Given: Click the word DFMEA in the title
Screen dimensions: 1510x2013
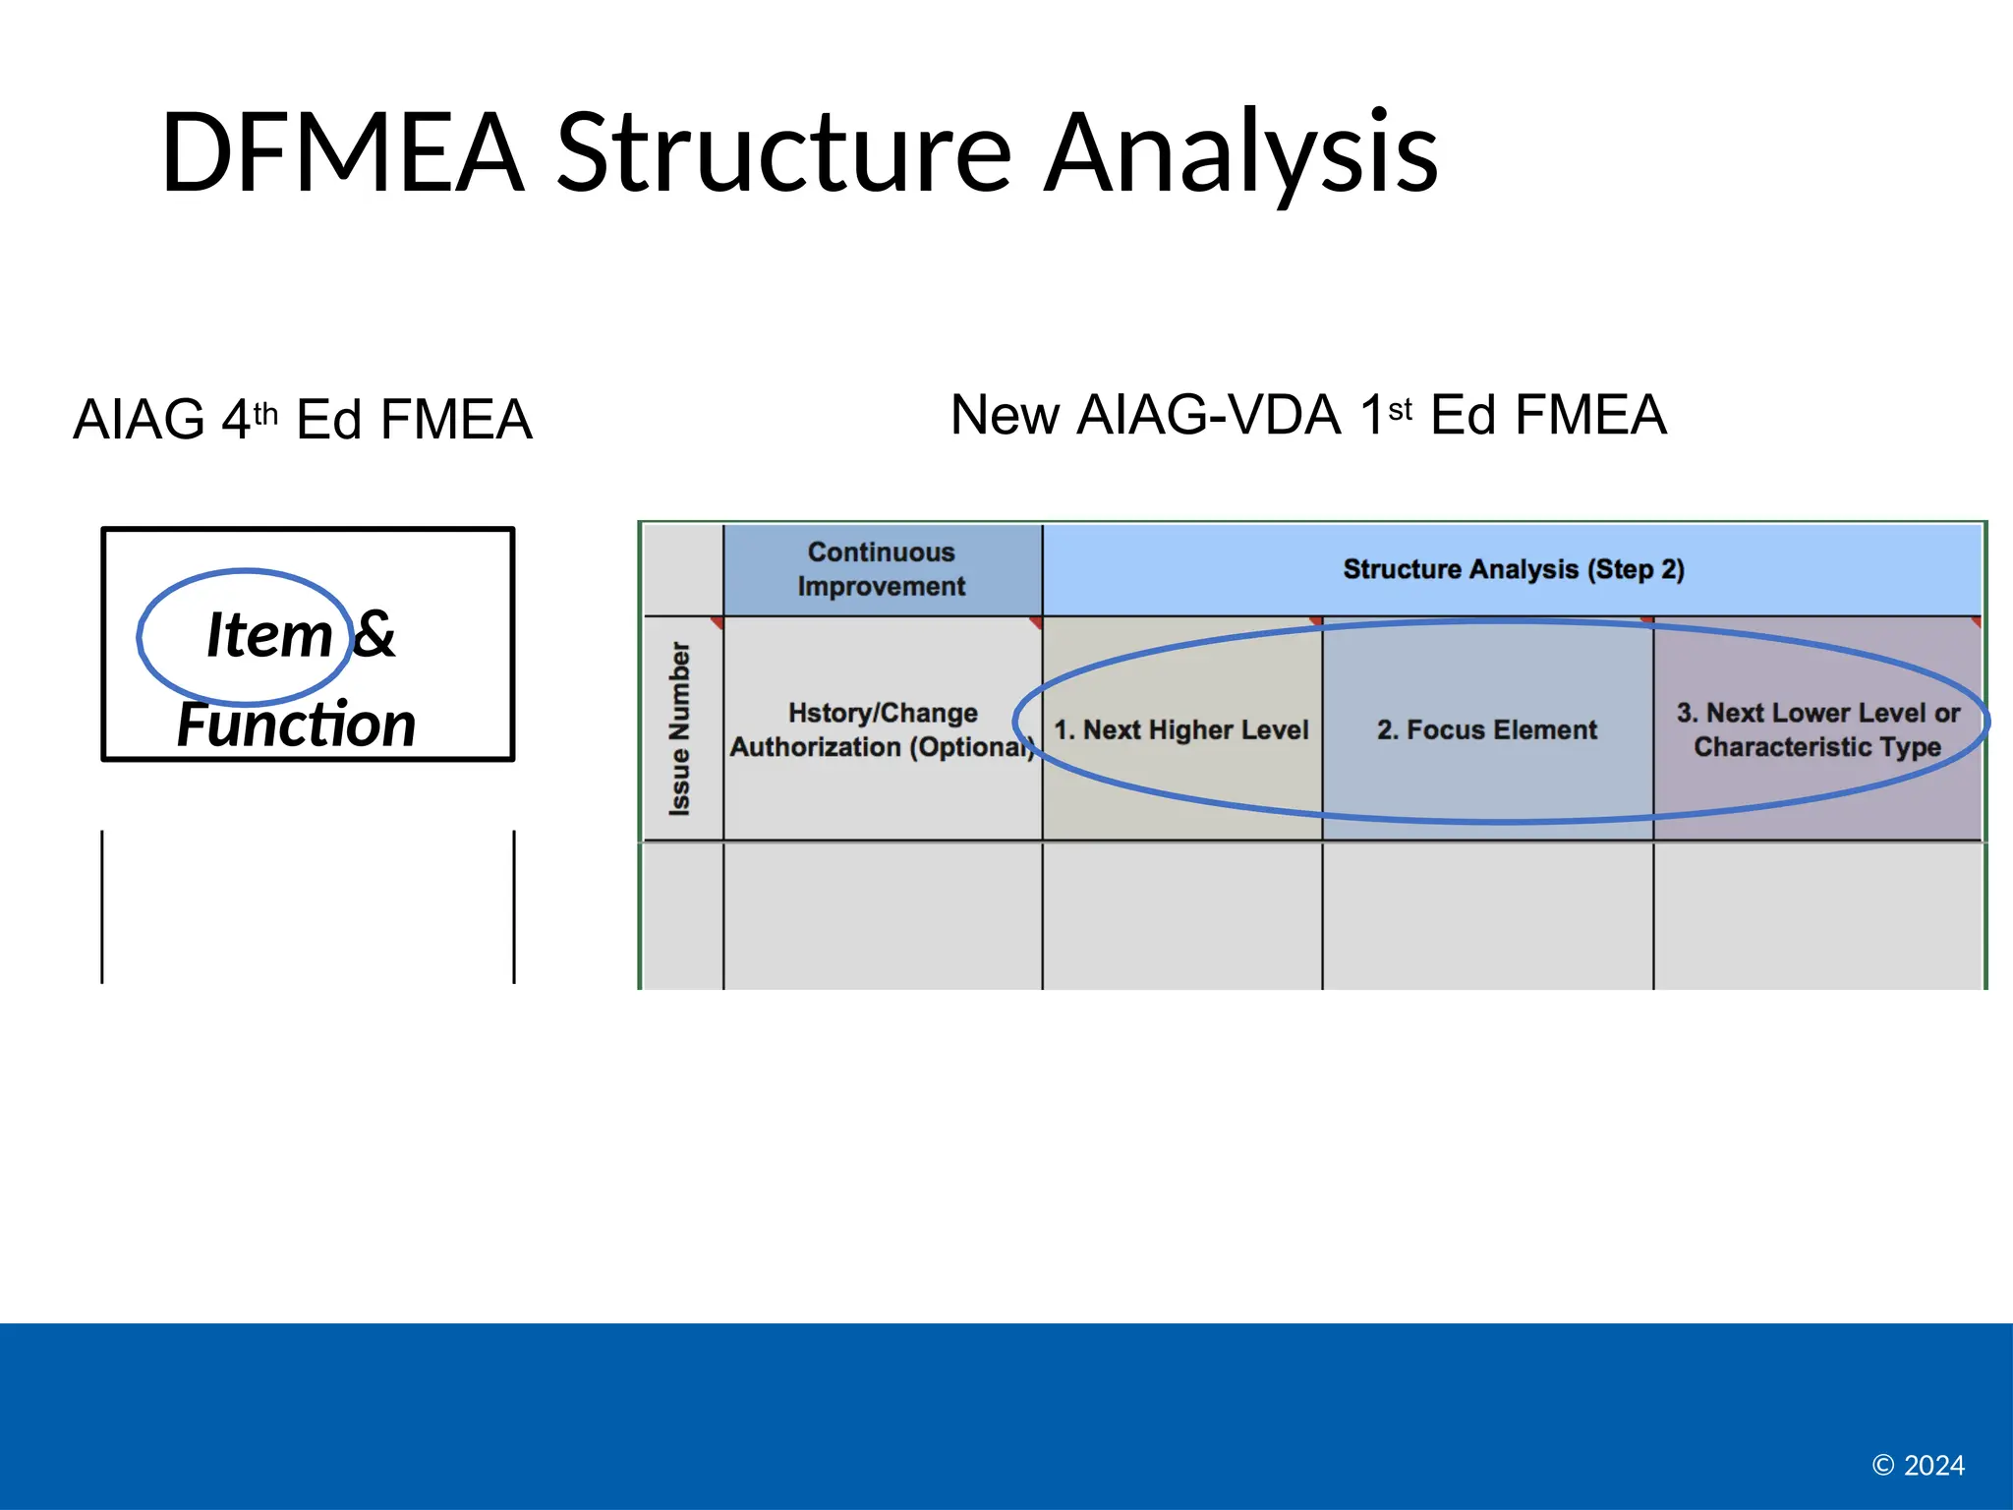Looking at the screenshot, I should pos(342,152).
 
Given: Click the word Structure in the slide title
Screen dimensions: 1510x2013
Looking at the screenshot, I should pos(783,152).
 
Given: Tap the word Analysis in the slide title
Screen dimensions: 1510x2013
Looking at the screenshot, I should pos(1240,152).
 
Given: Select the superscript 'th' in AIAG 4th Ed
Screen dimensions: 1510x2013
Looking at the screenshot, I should pos(265,414).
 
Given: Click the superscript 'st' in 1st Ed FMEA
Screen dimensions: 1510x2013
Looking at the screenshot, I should pos(1400,409).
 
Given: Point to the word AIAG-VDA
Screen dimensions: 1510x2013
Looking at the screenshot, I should pos(1208,415).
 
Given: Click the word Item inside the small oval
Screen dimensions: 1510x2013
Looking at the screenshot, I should pos(268,634).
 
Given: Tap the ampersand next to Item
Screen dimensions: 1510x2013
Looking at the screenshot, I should pos(374,634).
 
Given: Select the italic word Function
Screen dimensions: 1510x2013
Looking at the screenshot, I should pos(296,725).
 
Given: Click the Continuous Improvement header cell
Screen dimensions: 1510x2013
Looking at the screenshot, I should pos(882,569).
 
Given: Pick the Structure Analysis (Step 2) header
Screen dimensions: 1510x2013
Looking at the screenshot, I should pos(1513,569).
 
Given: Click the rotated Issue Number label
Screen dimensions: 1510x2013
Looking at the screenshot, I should pos(680,728).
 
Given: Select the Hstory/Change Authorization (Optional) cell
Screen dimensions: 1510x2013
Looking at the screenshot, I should pos(882,729).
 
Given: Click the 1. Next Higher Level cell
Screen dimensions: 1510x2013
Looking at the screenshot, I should pos(1180,729).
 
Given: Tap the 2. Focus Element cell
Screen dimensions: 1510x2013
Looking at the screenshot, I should pos(1486,729).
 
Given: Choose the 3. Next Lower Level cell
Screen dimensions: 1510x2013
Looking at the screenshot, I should pos(1817,729).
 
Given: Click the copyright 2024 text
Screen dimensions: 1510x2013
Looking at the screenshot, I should pos(1918,1465).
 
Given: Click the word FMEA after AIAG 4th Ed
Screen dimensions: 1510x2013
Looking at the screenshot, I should pos(456,420).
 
